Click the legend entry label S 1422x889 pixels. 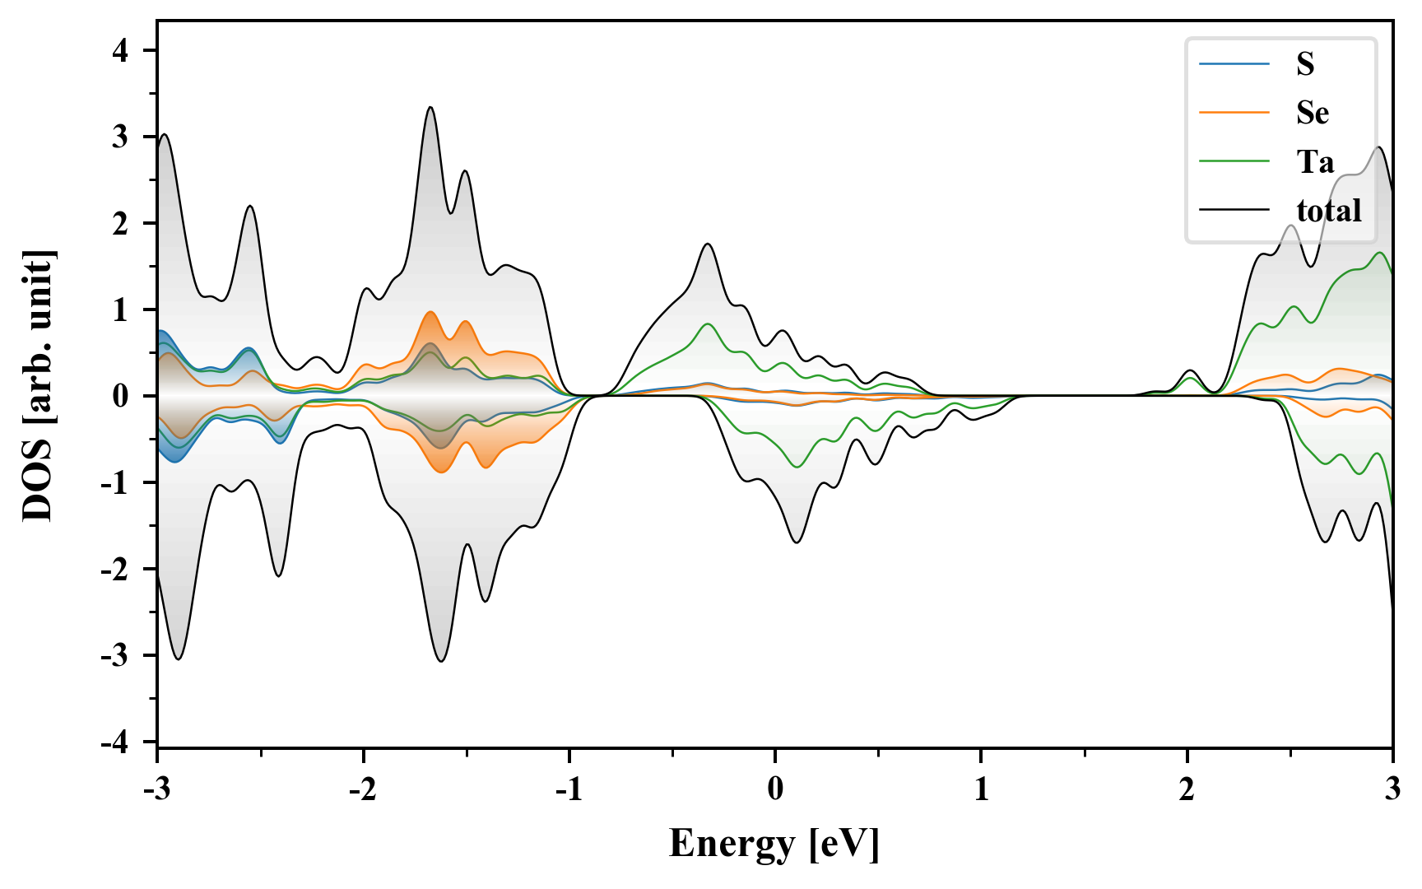coord(1305,64)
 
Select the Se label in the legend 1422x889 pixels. coord(1313,113)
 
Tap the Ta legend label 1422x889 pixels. coord(1315,161)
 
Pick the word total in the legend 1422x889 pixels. coord(1329,211)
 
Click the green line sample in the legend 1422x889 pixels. coord(1234,161)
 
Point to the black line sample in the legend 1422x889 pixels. coord(1234,211)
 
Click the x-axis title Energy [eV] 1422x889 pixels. coord(774,844)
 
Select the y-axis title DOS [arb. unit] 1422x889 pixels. coord(38,385)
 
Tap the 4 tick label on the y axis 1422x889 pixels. coord(121,51)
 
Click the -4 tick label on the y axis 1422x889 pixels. coord(115,742)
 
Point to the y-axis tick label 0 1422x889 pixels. coord(121,396)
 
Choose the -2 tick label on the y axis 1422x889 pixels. coord(115,570)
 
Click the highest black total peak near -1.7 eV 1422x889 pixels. coord(430,108)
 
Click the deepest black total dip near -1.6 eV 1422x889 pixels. coord(442,660)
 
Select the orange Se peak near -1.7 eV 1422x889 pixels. coord(430,313)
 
